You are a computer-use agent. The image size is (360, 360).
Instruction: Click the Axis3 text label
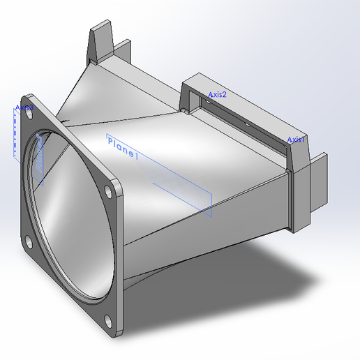click(24, 107)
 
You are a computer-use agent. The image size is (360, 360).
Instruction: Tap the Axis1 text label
click(297, 140)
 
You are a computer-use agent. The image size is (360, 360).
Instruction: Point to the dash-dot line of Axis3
click(15, 133)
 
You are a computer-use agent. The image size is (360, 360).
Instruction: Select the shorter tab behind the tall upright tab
click(124, 50)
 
